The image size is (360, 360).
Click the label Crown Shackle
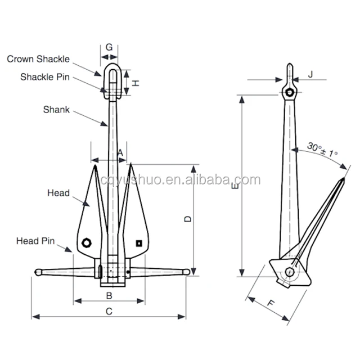[38, 59]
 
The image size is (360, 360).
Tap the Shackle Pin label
[45, 77]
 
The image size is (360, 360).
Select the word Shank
[56, 110]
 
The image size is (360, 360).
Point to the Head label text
[58, 193]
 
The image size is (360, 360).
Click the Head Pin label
[35, 241]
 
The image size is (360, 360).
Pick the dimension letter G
[109, 47]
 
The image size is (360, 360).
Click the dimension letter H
[136, 83]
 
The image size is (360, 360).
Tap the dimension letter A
[120, 153]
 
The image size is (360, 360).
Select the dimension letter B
[109, 296]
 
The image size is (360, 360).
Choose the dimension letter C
[109, 312]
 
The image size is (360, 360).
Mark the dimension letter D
[187, 219]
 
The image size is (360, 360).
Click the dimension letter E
[235, 186]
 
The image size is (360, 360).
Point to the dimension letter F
[271, 303]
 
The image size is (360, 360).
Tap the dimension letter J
[310, 74]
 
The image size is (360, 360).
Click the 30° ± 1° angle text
[322, 150]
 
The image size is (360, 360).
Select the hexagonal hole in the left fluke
[87, 243]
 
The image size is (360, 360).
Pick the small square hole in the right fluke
[139, 244]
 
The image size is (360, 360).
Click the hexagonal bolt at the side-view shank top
[290, 92]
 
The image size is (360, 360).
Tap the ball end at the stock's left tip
[38, 272]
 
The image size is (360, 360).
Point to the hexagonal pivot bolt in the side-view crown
[290, 272]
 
